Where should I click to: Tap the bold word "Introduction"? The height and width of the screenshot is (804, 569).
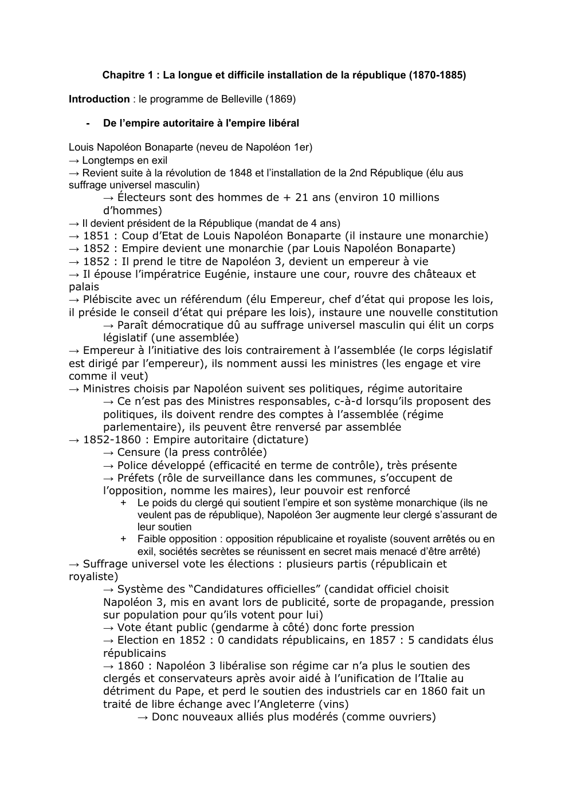click(x=99, y=99)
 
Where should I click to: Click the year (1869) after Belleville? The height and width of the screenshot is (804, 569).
click(x=280, y=99)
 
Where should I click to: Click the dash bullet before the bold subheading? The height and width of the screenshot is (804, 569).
click(x=88, y=123)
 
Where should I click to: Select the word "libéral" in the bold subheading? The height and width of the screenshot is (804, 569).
click(x=283, y=123)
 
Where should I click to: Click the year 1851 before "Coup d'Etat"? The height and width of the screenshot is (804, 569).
click(x=96, y=236)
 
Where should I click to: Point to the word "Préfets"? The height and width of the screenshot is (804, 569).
click(x=136, y=478)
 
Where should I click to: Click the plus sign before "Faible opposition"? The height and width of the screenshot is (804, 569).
click(x=123, y=539)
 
